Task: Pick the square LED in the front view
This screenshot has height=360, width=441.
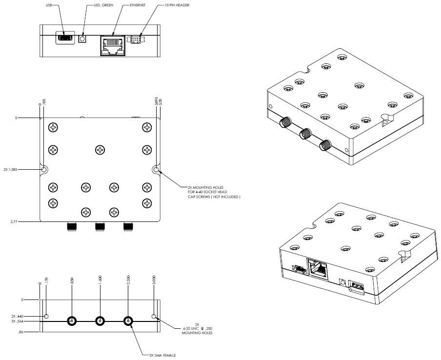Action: (83, 38)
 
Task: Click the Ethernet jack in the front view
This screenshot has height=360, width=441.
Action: (112, 45)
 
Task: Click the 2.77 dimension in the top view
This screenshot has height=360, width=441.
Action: (20, 221)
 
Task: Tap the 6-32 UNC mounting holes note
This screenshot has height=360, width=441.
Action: (195, 329)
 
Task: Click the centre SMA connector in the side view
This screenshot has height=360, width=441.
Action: (100, 321)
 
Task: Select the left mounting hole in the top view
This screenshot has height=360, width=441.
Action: (44, 170)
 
